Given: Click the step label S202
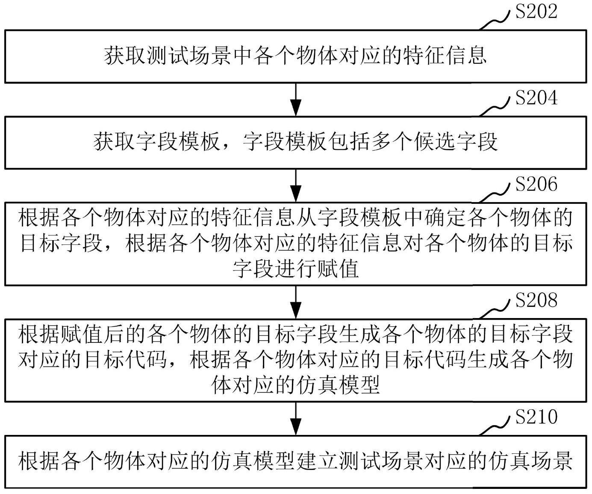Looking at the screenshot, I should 536,12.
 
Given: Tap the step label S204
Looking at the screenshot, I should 536,98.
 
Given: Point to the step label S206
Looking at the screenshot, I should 536,184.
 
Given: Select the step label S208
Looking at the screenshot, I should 536,301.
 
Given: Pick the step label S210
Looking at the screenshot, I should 536,417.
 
